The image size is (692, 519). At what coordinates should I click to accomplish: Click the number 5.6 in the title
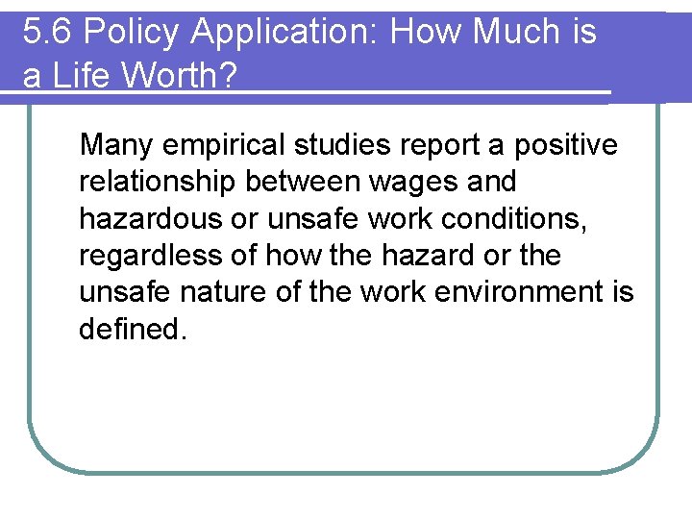47,33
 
